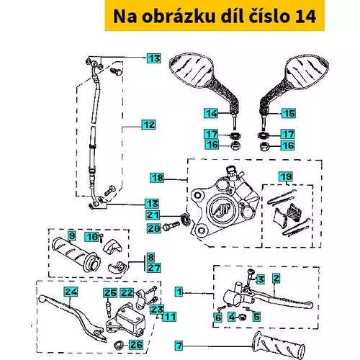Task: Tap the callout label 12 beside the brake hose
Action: pos(148,125)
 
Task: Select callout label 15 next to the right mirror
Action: pos(289,113)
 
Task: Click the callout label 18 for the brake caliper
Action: pos(157,178)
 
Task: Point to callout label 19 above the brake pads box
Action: pos(286,176)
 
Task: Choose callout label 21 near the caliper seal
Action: pos(153,215)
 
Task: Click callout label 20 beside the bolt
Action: pos(154,228)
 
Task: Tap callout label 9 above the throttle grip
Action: pos(71,236)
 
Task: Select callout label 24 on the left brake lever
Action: pos(71,292)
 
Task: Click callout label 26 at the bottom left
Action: pos(136,345)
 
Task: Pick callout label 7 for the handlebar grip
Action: pos(179,346)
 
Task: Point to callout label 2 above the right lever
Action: pos(276,279)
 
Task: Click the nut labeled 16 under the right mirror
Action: pos(264,145)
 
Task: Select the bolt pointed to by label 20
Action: pos(171,225)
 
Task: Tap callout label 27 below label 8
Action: pos(154,268)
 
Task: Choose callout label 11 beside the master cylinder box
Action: pos(169,317)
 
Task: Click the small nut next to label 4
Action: pos(242,317)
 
